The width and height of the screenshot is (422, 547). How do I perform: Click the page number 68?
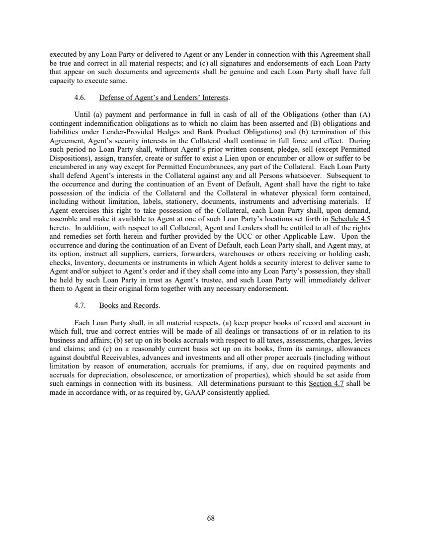tap(211, 518)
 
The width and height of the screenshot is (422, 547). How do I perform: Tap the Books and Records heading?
tap(129, 305)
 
